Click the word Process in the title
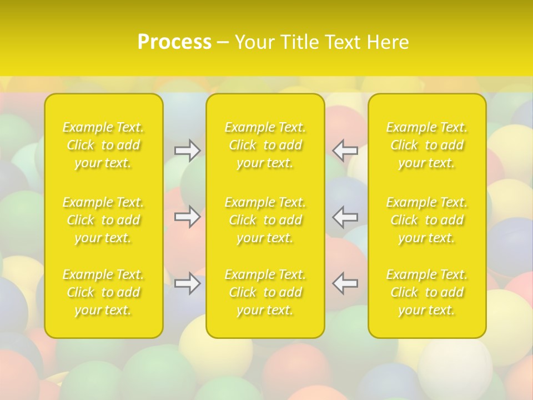[174, 42]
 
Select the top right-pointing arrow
[188, 150]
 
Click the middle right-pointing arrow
[188, 217]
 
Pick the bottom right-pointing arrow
[188, 283]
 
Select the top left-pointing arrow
[345, 150]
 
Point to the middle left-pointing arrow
[345, 217]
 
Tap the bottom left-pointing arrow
[345, 283]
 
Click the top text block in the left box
[103, 145]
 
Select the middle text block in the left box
[103, 220]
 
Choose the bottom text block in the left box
[103, 292]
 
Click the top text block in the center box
[265, 145]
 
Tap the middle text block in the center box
[265, 220]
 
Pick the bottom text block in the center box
[265, 292]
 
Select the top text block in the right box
[427, 145]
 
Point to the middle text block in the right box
[427, 220]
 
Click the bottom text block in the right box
[427, 292]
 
